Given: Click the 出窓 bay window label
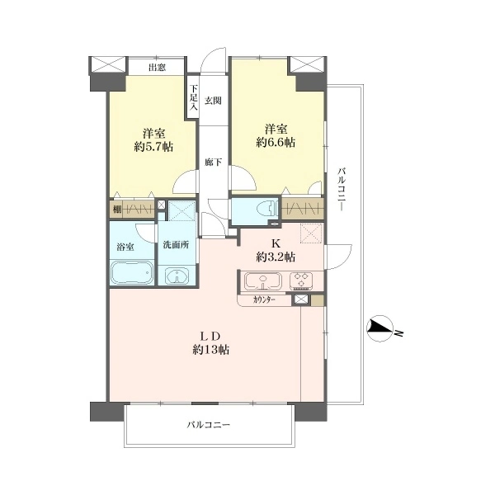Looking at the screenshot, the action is coord(158,68).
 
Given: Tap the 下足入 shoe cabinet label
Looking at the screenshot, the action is coord(194,97).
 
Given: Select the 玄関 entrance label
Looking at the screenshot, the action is coord(213,101).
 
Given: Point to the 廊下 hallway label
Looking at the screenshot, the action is coord(213,163).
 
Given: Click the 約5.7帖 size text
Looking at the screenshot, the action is coord(153,147).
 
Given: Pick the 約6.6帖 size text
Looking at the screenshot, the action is coord(276,143).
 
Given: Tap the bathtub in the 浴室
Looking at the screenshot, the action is coord(132,273).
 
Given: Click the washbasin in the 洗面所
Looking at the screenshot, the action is coord(177,276).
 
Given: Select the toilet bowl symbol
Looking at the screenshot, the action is coord(267,209).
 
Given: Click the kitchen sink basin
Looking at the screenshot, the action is coord(263,281).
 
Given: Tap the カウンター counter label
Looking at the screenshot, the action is coord(264,300).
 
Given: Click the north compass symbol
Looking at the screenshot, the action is coord(380,328).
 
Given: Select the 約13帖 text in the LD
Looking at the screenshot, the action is coord(211,350).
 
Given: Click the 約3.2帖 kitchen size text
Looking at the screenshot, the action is coord(276,257).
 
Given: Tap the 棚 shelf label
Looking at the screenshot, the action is coord(117,210).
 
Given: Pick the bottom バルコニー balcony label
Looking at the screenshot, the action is coord(209,425).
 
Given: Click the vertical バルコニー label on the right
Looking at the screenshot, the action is coord(341,189).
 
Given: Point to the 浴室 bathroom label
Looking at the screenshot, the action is coord(125,247).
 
